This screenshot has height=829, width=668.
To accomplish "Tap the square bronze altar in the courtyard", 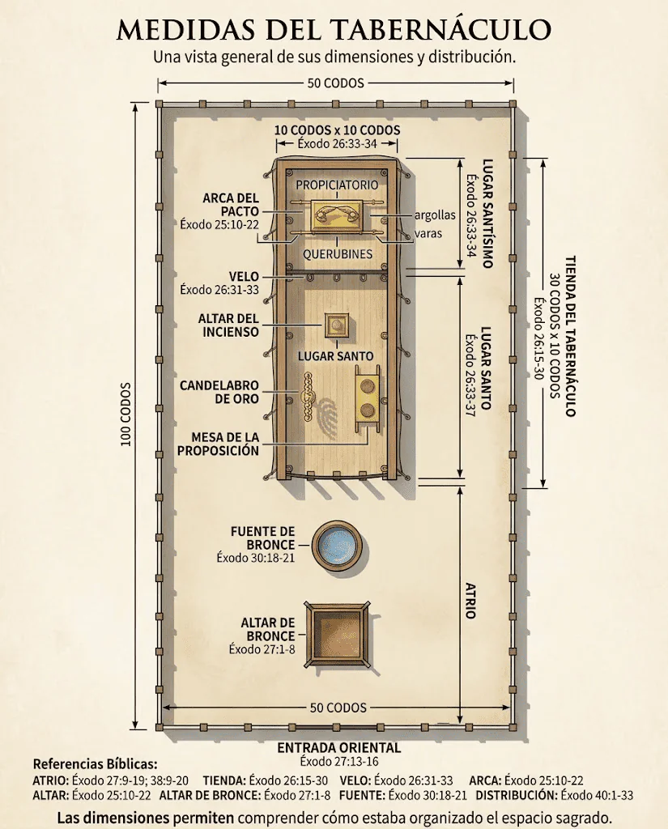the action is (x=338, y=633).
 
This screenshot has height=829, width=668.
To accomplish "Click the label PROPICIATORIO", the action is (x=337, y=185).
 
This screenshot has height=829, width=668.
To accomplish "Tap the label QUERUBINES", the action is (x=338, y=253).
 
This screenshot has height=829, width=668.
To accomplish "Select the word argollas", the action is (x=435, y=215).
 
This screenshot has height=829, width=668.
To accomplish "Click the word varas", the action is (x=428, y=233).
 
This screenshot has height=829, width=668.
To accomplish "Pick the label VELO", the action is (x=244, y=277).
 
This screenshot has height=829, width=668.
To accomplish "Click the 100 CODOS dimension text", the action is (x=126, y=414).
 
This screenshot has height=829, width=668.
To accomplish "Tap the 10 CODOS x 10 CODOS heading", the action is (x=337, y=130).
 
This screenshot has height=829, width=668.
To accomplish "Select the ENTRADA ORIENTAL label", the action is (x=339, y=747).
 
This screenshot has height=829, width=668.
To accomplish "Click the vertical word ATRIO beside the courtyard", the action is (x=470, y=601).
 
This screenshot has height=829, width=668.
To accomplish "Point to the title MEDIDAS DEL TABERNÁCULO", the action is (x=334, y=30).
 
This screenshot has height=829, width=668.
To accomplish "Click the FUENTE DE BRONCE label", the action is (x=263, y=538).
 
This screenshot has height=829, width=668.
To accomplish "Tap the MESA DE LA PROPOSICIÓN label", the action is (x=219, y=444).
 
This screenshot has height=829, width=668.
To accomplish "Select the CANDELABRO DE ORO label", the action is (x=219, y=392).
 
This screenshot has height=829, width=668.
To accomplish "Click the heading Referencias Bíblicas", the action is (x=96, y=764).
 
